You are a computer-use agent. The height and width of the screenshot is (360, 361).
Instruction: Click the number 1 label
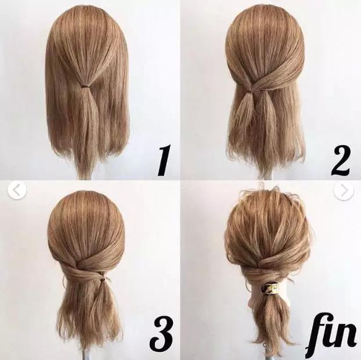[164, 161]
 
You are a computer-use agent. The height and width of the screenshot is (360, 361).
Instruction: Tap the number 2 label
[340, 161]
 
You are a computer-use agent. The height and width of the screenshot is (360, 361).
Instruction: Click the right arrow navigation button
[344, 191]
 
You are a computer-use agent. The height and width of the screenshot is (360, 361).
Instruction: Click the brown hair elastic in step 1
[86, 86]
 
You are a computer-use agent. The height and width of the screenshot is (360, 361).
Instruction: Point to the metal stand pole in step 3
[88, 354]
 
